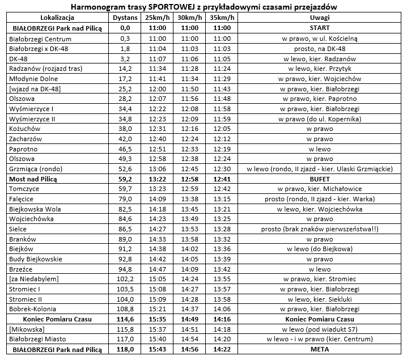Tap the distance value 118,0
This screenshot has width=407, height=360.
tap(126, 349)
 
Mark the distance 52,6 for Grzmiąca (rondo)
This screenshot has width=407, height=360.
tap(126, 168)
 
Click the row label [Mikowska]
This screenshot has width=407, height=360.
tap(26, 329)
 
